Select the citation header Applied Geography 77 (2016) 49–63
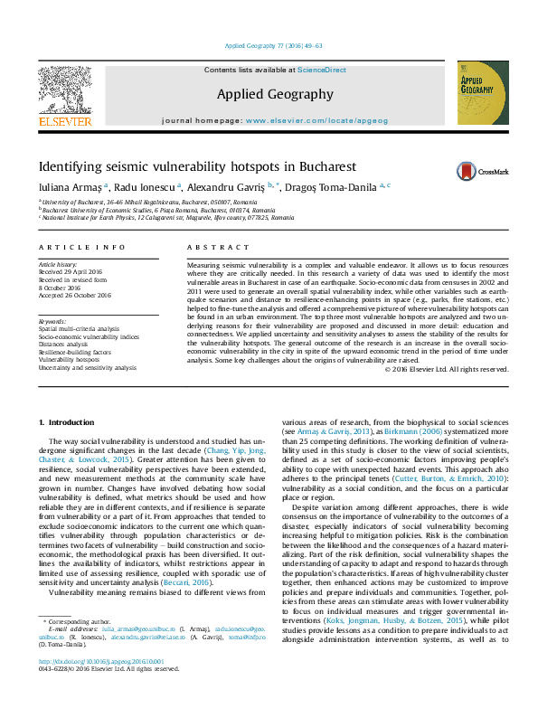tap(269, 46)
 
